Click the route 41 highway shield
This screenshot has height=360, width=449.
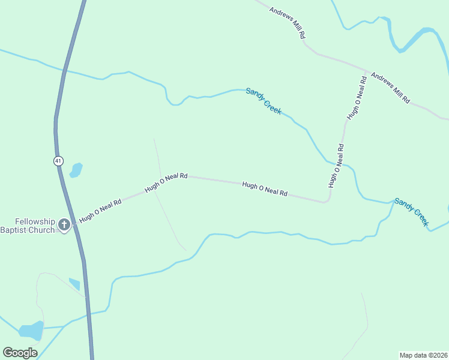pyautogui.click(x=58, y=161)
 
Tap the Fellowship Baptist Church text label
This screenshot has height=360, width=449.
pyautogui.click(x=27, y=226)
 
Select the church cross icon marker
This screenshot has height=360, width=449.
pyautogui.click(x=64, y=226)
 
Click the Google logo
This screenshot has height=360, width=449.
pyautogui.click(x=20, y=353)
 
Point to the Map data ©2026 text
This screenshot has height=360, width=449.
pyautogui.click(x=423, y=355)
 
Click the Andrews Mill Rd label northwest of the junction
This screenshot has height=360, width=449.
pyautogui.click(x=287, y=23)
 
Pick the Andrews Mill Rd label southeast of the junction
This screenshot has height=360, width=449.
pyautogui.click(x=390, y=88)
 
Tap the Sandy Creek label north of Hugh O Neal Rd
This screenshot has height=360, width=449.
pyautogui.click(x=264, y=101)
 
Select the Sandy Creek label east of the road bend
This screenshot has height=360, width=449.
pyautogui.click(x=412, y=212)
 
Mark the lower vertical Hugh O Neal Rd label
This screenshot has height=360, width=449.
pyautogui.click(x=336, y=166)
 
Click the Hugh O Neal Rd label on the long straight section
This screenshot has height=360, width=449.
pyautogui.click(x=265, y=190)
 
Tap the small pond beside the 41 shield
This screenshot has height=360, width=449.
pyautogui.click(x=76, y=170)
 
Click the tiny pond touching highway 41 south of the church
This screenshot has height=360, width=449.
pyautogui.click(x=75, y=284)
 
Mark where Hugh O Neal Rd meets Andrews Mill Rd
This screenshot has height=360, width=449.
pyautogui.click(x=367, y=71)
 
